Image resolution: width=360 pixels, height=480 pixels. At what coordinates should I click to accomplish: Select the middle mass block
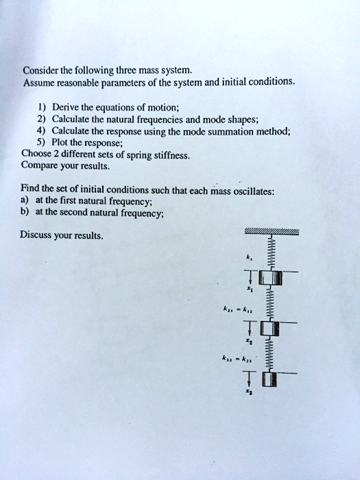269,328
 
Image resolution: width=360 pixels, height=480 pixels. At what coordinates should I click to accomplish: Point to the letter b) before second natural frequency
26,213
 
